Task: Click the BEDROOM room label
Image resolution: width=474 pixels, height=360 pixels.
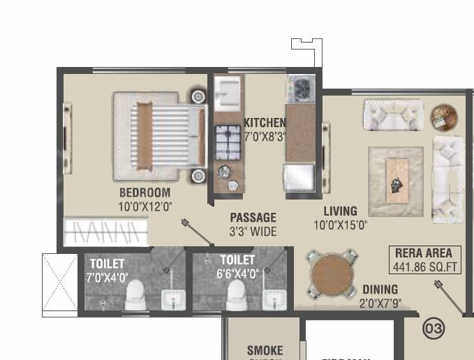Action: [x=145, y=193]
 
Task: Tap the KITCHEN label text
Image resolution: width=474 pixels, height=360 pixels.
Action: [x=265, y=123]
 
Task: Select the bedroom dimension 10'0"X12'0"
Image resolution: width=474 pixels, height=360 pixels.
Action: [x=145, y=206]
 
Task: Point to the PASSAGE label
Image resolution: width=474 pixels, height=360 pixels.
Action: [x=253, y=218]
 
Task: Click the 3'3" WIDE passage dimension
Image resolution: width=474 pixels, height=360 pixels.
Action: [x=253, y=232]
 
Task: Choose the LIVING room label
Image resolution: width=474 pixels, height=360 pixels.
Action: [x=340, y=211]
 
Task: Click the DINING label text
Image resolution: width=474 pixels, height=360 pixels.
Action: [x=380, y=290]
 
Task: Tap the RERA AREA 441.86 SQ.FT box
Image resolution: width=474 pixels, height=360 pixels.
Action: [x=424, y=260]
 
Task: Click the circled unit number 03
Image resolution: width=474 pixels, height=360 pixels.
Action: [x=434, y=328]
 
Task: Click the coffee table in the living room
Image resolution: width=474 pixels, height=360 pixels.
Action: [x=397, y=181]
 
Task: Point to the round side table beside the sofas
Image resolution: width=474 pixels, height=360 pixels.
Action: [x=443, y=117]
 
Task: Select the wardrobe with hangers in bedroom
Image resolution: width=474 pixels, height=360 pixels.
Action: [x=106, y=231]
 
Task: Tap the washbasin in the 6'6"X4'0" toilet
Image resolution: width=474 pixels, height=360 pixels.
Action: [x=273, y=299]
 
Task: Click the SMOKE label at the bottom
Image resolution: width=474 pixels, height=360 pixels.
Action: [x=265, y=350]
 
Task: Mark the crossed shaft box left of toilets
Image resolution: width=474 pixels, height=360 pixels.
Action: [x=59, y=284]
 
